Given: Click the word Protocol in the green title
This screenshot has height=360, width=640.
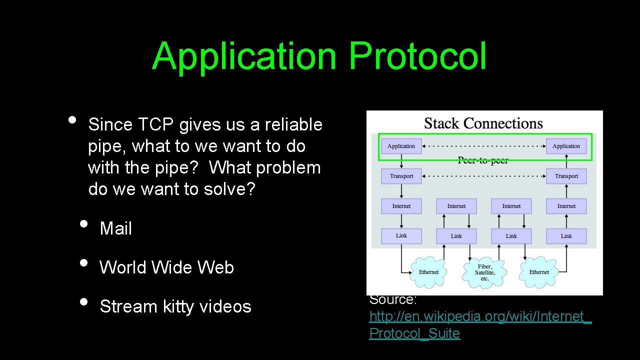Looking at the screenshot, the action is [x=417, y=56].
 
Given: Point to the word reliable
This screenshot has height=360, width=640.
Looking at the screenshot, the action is [x=293, y=124].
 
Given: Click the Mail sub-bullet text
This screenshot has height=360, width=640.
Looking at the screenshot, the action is [x=116, y=228].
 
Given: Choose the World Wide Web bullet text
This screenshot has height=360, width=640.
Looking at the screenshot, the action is [x=166, y=267].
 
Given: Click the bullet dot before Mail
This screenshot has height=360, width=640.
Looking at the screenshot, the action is [x=83, y=223].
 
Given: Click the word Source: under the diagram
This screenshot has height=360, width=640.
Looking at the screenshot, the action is [x=393, y=299].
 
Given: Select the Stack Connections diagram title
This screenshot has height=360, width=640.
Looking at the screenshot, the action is [x=483, y=123].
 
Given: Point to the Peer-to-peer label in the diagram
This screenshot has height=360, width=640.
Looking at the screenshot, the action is [x=483, y=160].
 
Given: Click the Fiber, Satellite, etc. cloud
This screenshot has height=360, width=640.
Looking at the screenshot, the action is [x=484, y=272].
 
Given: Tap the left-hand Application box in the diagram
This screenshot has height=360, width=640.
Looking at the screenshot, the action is [x=401, y=146].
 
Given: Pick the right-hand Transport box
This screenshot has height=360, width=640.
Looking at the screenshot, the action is [x=566, y=176].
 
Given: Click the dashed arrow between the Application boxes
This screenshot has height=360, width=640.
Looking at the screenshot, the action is [x=483, y=146].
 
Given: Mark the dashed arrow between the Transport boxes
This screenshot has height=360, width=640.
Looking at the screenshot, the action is [x=483, y=176].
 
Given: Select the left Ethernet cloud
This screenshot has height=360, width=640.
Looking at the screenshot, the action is [x=428, y=272].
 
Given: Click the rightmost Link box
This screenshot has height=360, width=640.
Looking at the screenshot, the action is [x=566, y=236].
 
